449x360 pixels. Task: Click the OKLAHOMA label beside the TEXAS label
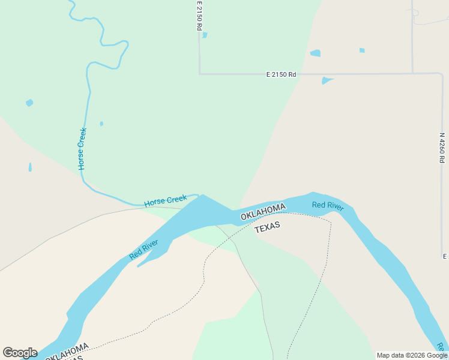[263, 212]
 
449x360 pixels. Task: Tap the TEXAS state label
[267, 227]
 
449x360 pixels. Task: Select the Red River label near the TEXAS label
[328, 206]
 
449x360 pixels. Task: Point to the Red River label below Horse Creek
[143, 250]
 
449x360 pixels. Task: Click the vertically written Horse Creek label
[82, 148]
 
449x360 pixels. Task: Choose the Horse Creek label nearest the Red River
[166, 200]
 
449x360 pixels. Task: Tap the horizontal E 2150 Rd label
[282, 74]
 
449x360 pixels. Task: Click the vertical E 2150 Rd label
[199, 16]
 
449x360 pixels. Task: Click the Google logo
[20, 353]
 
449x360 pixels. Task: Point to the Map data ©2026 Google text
[412, 355]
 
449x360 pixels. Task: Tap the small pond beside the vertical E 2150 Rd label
[205, 35]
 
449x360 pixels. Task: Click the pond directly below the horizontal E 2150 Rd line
[326, 80]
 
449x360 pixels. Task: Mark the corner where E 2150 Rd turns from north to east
[199, 74]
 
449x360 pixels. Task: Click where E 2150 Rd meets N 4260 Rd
[442, 74]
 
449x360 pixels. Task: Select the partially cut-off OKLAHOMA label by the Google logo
[67, 352]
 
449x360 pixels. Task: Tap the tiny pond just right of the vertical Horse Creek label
[101, 124]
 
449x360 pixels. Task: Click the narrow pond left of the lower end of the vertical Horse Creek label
[30, 167]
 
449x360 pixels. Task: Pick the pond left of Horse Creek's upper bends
[29, 103]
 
